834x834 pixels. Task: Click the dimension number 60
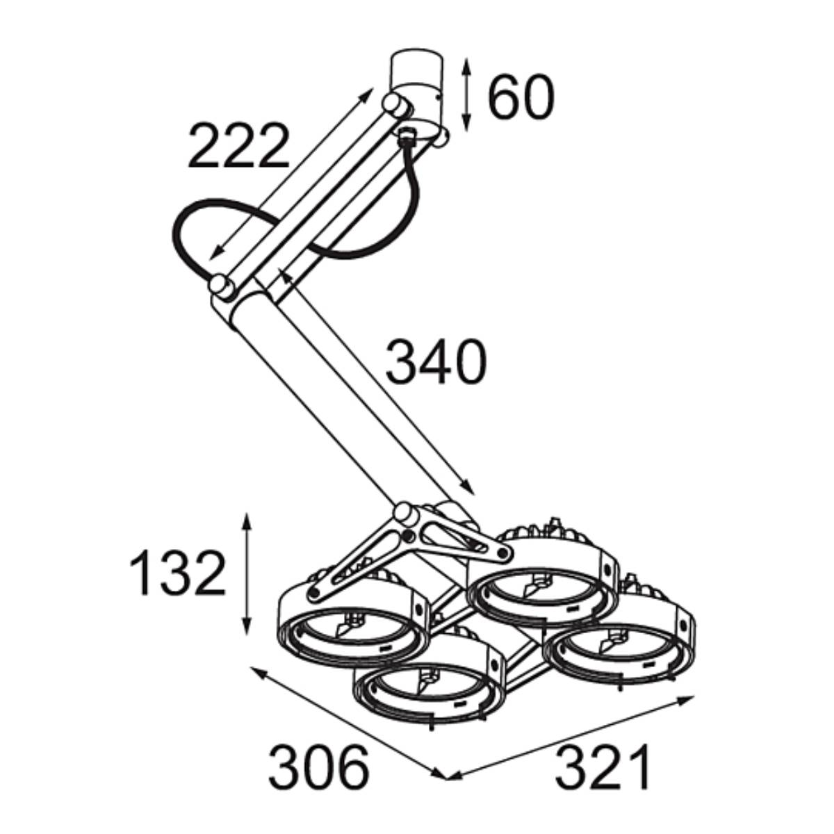(x=521, y=97)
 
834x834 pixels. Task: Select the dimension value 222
(x=238, y=145)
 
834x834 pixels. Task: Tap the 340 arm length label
(x=436, y=361)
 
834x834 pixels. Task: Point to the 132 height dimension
(x=178, y=573)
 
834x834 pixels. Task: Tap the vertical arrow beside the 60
(x=466, y=95)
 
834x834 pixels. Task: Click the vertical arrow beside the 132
(x=247, y=574)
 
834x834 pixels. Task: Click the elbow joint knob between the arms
(x=222, y=286)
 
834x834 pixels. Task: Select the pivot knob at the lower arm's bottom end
(x=404, y=514)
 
